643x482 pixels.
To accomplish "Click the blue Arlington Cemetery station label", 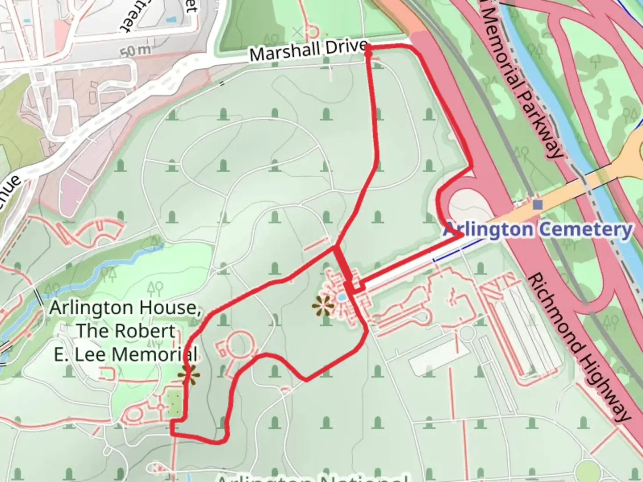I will pos(538,230).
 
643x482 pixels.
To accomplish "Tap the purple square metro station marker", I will pos(538,205).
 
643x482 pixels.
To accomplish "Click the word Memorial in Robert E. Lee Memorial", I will pos(154,354).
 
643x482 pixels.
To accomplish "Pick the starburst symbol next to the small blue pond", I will pos(323,306).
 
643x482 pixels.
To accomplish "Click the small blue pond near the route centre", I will pos(342,297).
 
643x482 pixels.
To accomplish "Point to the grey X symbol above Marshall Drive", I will pos(297,32).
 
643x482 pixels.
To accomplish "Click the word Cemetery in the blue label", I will pos(585,230).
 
